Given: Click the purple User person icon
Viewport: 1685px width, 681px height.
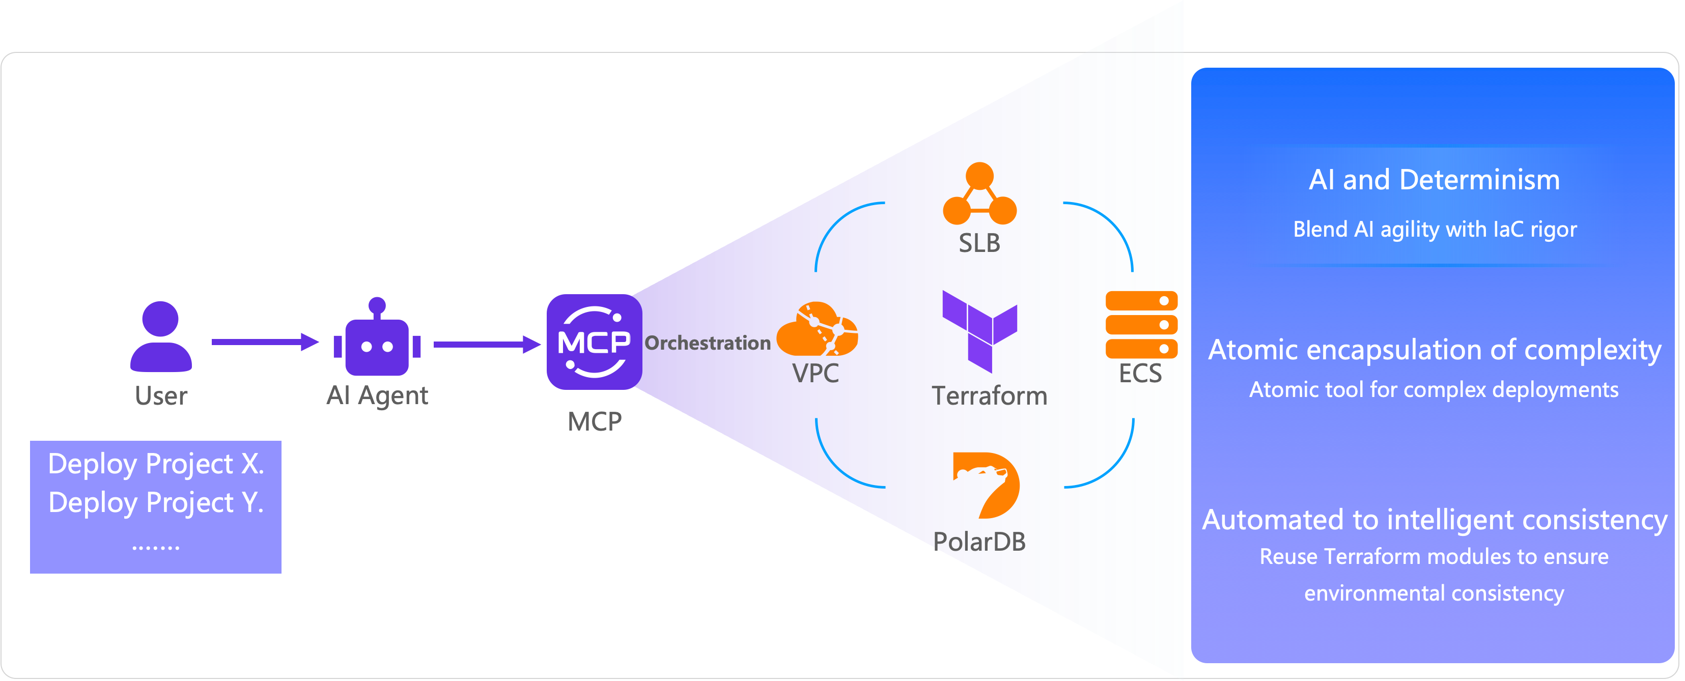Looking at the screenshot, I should pyautogui.click(x=160, y=336).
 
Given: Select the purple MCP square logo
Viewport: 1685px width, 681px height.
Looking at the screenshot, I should pyautogui.click(x=594, y=342).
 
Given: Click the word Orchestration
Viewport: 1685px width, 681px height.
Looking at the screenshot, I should pyautogui.click(x=707, y=343).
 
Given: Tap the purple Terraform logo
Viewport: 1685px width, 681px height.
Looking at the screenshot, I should pyautogui.click(x=979, y=330).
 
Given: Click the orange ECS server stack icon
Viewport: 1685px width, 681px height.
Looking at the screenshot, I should pyautogui.click(x=1141, y=325).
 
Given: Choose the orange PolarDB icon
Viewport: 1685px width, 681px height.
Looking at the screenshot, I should pyautogui.click(x=986, y=485).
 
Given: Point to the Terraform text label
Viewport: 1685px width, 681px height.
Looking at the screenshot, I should pyautogui.click(x=989, y=396).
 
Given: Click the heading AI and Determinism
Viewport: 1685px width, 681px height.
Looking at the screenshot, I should pyautogui.click(x=1434, y=180).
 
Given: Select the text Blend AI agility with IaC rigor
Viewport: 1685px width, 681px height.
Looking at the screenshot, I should pyautogui.click(x=1435, y=230).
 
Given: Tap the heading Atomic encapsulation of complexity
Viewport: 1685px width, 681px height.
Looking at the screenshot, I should pyautogui.click(x=1434, y=350).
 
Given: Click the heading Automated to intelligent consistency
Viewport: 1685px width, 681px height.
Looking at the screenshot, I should pyautogui.click(x=1434, y=520).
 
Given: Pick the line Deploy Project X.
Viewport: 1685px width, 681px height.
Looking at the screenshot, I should pyautogui.click(x=156, y=464).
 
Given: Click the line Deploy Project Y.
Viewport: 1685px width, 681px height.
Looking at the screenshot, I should pyautogui.click(x=156, y=502).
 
